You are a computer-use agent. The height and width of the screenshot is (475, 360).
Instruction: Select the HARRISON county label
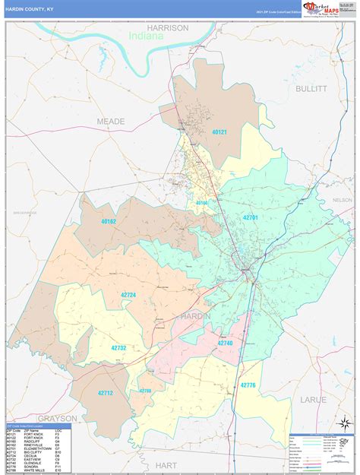tap(167, 27)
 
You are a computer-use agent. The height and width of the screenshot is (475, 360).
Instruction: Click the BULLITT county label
tap(311, 88)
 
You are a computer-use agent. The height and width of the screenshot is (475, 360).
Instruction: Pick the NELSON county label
tap(343, 200)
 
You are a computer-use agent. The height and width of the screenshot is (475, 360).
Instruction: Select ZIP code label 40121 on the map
tap(219, 132)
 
